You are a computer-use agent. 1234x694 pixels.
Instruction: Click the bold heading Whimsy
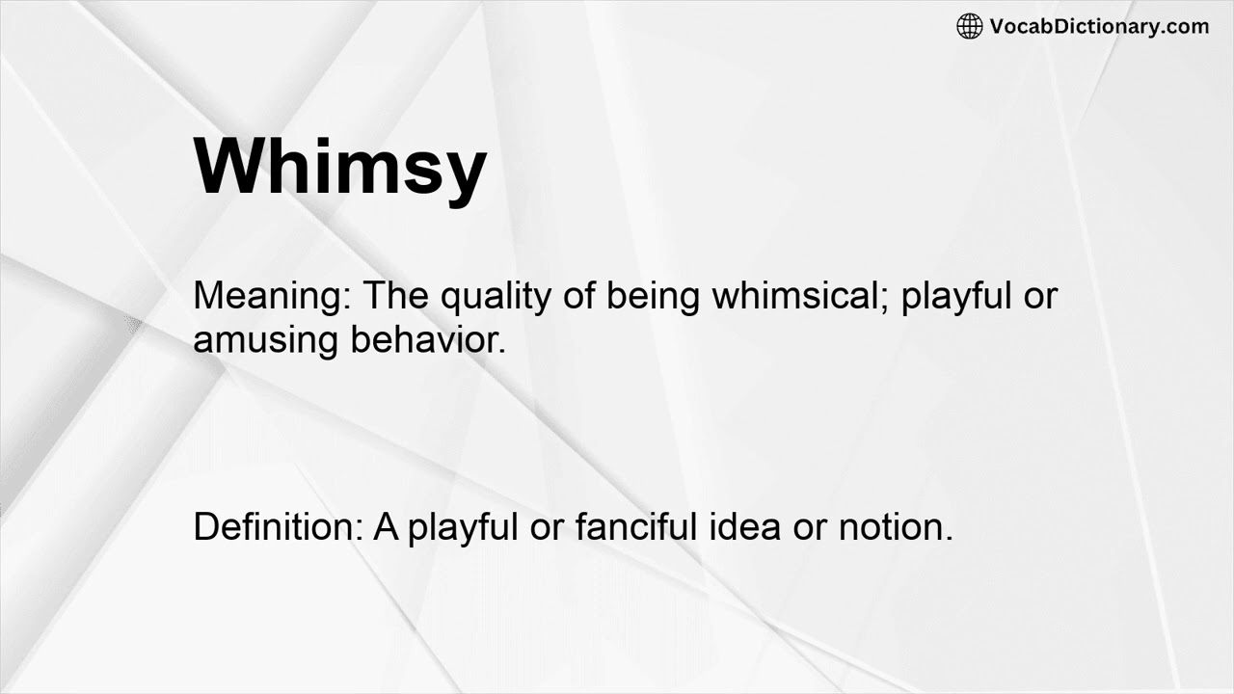[340, 166]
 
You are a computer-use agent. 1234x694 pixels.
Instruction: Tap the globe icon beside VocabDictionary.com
[969, 27]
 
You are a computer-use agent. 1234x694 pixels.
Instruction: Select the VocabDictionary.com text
[1099, 27]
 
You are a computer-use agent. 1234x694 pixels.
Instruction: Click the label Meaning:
[273, 296]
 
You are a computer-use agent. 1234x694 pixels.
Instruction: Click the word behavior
[427, 339]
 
